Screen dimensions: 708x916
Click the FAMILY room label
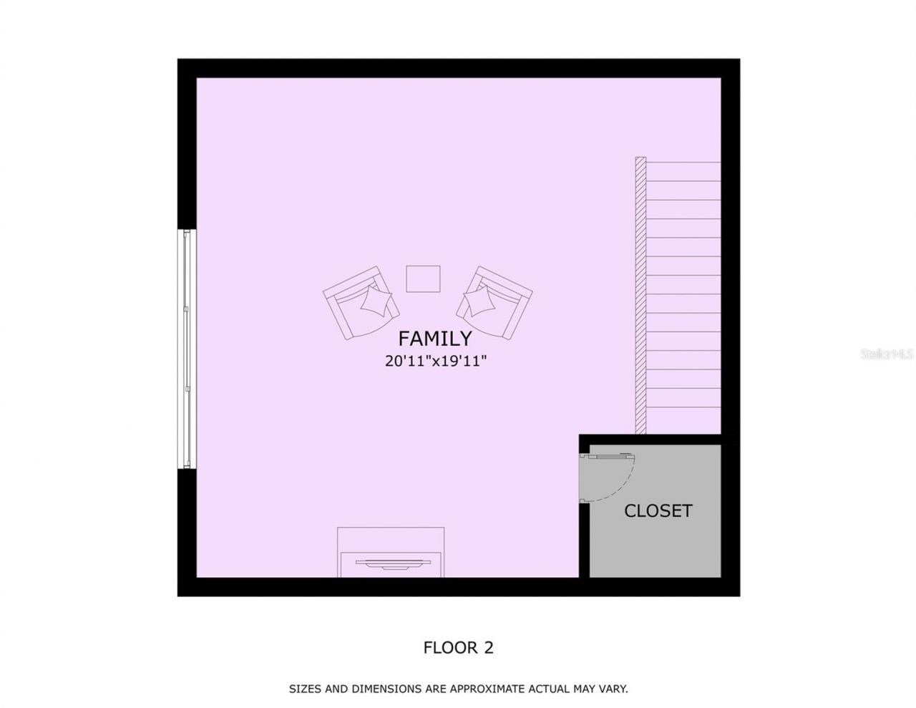point(434,338)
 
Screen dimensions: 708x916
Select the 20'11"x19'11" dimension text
point(435,361)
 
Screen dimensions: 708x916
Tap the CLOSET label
point(658,510)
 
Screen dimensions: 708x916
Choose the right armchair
point(494,303)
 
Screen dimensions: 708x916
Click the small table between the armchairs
point(423,278)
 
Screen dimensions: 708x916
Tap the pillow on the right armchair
point(477,300)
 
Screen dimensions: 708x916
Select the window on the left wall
point(187,349)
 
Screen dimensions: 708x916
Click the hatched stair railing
point(640,295)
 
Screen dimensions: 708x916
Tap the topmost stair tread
point(683,172)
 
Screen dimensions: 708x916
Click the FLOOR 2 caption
point(458,648)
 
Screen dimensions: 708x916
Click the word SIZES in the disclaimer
point(305,689)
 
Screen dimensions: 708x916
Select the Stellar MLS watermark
point(887,354)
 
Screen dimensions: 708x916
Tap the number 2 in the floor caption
point(488,648)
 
